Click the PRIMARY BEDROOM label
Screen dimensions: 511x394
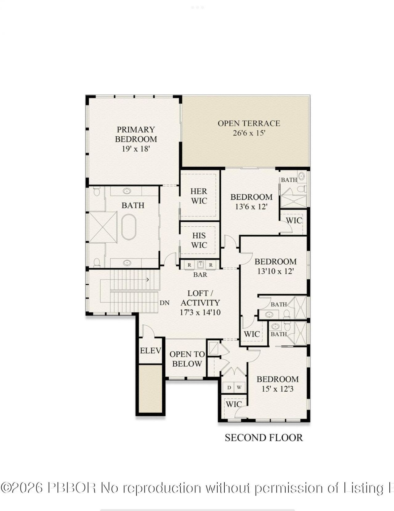click(136, 134)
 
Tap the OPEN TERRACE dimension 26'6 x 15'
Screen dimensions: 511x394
click(249, 133)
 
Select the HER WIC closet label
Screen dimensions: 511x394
click(199, 196)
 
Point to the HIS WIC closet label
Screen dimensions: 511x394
click(199, 241)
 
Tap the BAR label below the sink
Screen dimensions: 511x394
click(200, 275)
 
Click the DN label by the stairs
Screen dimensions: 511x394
click(165, 303)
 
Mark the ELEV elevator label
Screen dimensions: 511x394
click(151, 351)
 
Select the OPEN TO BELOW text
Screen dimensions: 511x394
click(187, 359)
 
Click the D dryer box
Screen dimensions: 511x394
click(229, 388)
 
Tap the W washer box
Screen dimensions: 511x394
click(239, 388)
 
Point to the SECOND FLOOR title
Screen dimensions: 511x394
click(264, 438)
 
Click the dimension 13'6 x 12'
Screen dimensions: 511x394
click(251, 207)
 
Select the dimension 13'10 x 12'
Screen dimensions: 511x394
click(275, 271)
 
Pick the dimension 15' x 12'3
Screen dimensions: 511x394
click(277, 389)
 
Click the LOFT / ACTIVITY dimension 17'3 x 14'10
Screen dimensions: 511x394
click(200, 312)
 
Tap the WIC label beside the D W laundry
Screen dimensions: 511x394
click(234, 404)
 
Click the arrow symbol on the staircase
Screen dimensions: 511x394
click(148, 280)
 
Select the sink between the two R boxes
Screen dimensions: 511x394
click(200, 265)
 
